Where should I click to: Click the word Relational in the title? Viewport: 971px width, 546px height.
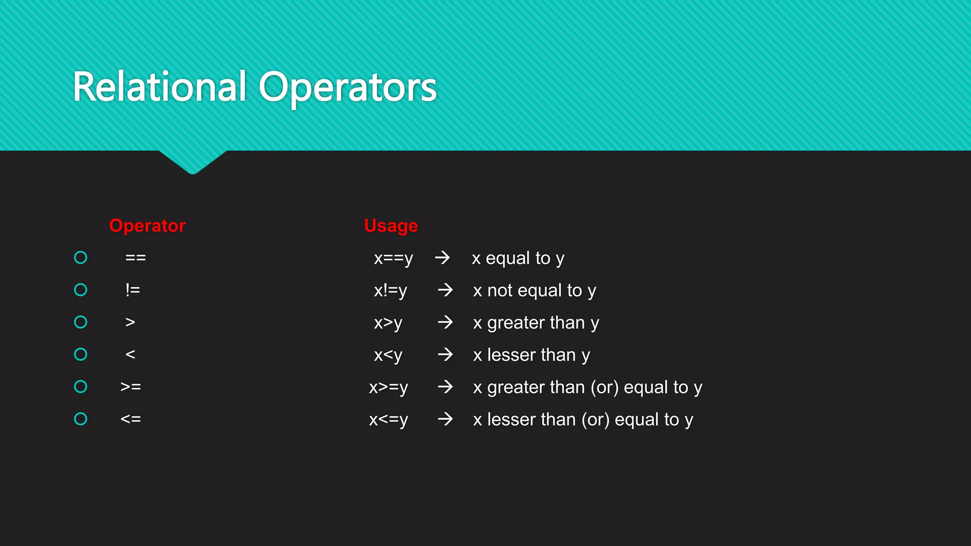[160, 87]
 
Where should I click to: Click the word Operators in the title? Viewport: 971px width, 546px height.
[348, 88]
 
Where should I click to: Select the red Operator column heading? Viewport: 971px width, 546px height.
[147, 226]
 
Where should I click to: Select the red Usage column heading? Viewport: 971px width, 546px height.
[391, 226]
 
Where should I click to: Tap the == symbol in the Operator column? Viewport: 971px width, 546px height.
[136, 258]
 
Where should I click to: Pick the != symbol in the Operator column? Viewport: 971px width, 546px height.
[133, 290]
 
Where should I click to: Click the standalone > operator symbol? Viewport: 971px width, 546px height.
[130, 322]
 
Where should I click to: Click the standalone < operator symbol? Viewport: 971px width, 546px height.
[130, 355]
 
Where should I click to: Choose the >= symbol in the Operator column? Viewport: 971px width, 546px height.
[131, 387]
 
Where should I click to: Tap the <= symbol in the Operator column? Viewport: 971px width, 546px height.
[131, 419]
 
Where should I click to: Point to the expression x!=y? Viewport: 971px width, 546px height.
[390, 291]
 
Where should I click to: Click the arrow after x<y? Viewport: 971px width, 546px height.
[445, 355]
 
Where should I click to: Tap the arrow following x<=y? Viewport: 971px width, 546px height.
[445, 419]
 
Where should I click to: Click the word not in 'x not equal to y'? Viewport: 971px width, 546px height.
[500, 291]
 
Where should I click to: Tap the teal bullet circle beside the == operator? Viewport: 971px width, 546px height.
[81, 257]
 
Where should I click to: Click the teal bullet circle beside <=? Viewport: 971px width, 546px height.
[81, 419]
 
